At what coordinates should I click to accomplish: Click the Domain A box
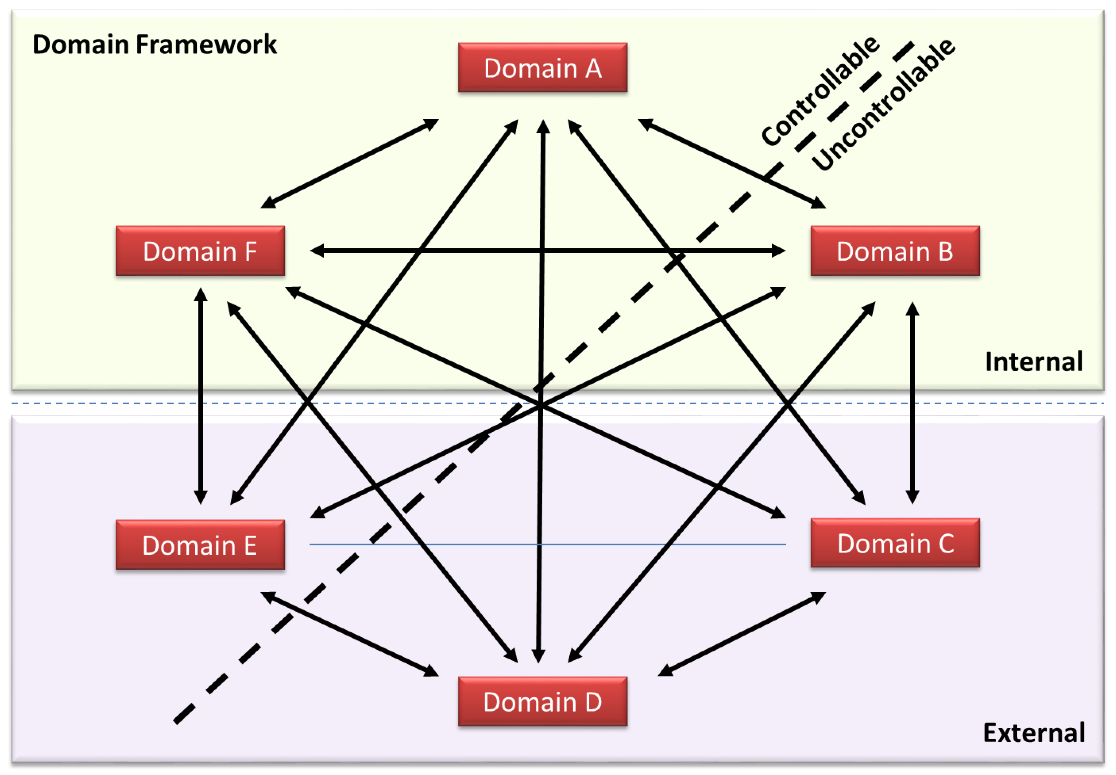(x=542, y=67)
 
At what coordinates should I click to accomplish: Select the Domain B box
(x=894, y=251)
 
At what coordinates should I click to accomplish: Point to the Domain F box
(x=200, y=251)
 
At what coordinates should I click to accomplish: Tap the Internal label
(x=1033, y=361)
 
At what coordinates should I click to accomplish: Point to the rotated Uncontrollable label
(x=883, y=104)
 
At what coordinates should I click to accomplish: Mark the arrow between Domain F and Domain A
(x=349, y=164)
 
